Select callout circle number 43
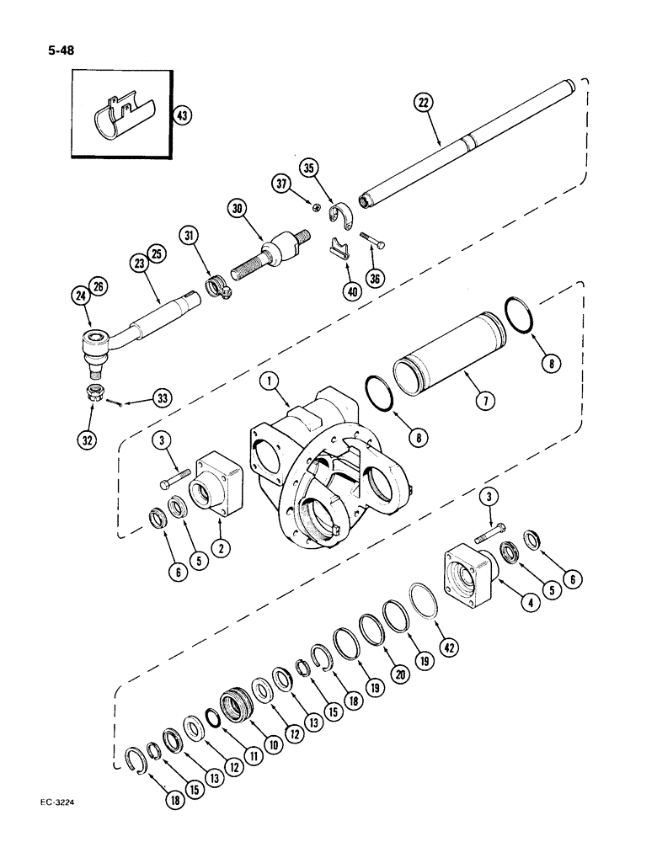tap(180, 115)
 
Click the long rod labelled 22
tap(472, 142)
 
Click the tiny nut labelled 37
tap(313, 207)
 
